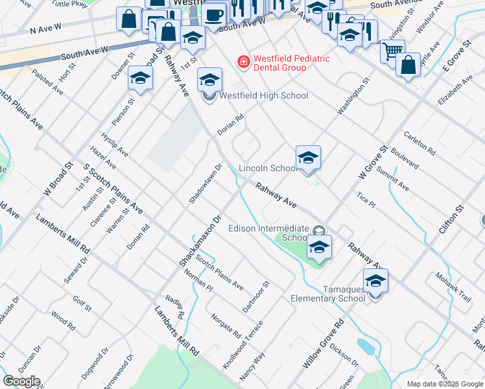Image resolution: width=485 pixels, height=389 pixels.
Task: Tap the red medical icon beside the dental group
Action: pyautogui.click(x=244, y=62)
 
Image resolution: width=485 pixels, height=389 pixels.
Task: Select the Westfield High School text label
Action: pyautogui.click(x=264, y=95)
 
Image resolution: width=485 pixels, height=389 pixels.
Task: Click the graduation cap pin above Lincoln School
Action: pyautogui.click(x=308, y=157)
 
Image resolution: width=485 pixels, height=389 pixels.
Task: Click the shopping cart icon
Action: pyautogui.click(x=392, y=51)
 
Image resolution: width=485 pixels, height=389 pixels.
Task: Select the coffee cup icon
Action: pyautogui.click(x=213, y=14)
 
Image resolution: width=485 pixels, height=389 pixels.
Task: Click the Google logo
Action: pyautogui.click(x=21, y=381)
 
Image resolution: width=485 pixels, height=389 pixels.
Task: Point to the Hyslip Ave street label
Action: pyautogui.click(x=115, y=146)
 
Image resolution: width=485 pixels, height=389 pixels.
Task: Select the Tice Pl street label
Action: pyautogui.click(x=366, y=199)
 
